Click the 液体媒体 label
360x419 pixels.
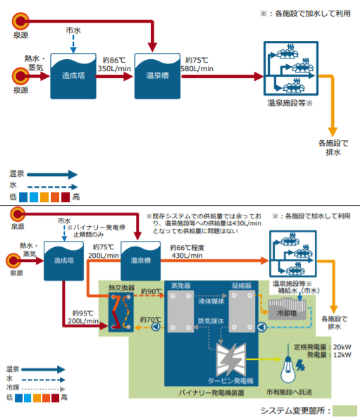[211, 300]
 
